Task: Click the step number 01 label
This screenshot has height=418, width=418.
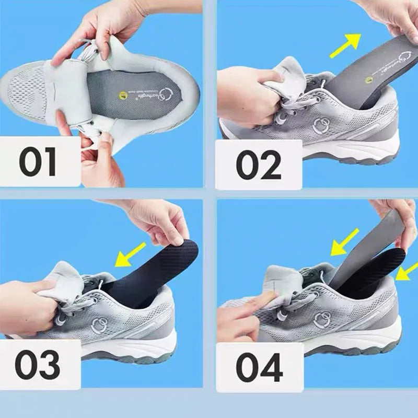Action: (38, 162)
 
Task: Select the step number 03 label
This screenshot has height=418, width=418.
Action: (37, 364)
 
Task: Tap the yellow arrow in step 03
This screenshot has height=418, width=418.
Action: (131, 255)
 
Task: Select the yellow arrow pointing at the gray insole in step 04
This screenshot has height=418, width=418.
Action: (344, 242)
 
